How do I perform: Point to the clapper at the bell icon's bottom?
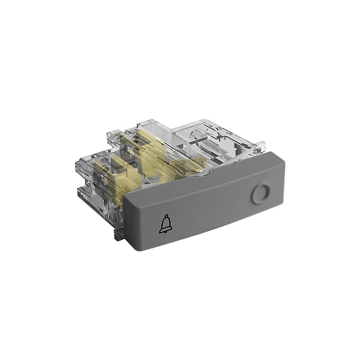[165, 235]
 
